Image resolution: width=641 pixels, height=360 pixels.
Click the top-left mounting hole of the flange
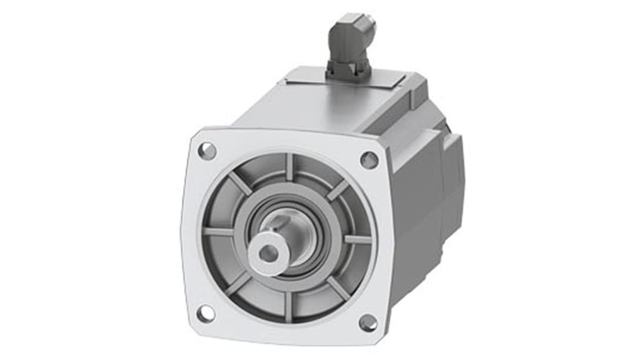click(x=207, y=151)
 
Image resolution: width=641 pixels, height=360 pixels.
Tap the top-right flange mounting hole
click(x=369, y=160)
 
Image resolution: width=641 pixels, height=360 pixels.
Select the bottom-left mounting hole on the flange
click(x=205, y=314)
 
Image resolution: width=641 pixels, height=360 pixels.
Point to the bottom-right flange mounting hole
click(x=368, y=323)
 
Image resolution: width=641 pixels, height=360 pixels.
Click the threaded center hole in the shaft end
click(x=269, y=254)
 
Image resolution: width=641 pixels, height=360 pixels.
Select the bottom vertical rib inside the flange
click(x=288, y=307)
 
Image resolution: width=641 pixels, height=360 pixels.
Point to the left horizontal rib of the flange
click(x=218, y=232)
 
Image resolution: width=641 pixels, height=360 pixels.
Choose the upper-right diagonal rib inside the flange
click(x=338, y=190)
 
